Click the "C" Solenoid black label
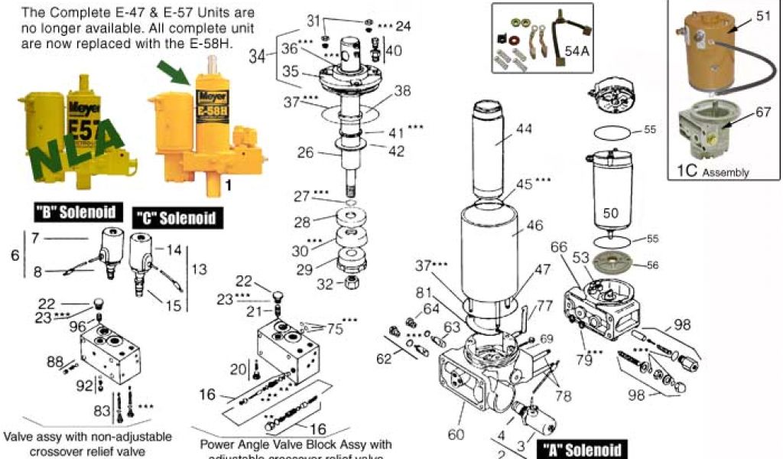[x=176, y=217]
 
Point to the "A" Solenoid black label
[x=580, y=450]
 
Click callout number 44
[x=523, y=129]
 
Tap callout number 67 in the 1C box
[x=763, y=112]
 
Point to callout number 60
[x=456, y=435]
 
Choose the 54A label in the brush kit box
[x=577, y=52]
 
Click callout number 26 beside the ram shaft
[x=306, y=153]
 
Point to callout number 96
[x=78, y=326]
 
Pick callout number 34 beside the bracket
[x=258, y=56]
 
